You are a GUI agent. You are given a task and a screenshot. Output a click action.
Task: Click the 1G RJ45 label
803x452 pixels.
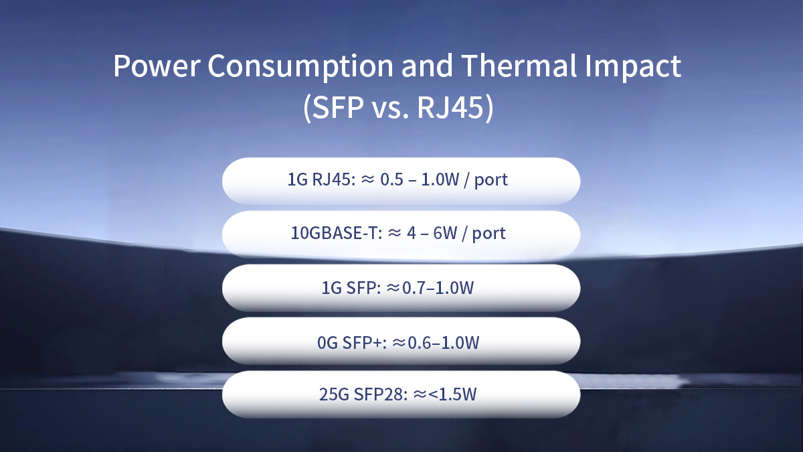click(319, 181)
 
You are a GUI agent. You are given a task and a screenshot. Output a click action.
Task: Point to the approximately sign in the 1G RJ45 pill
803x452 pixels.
click(368, 181)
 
